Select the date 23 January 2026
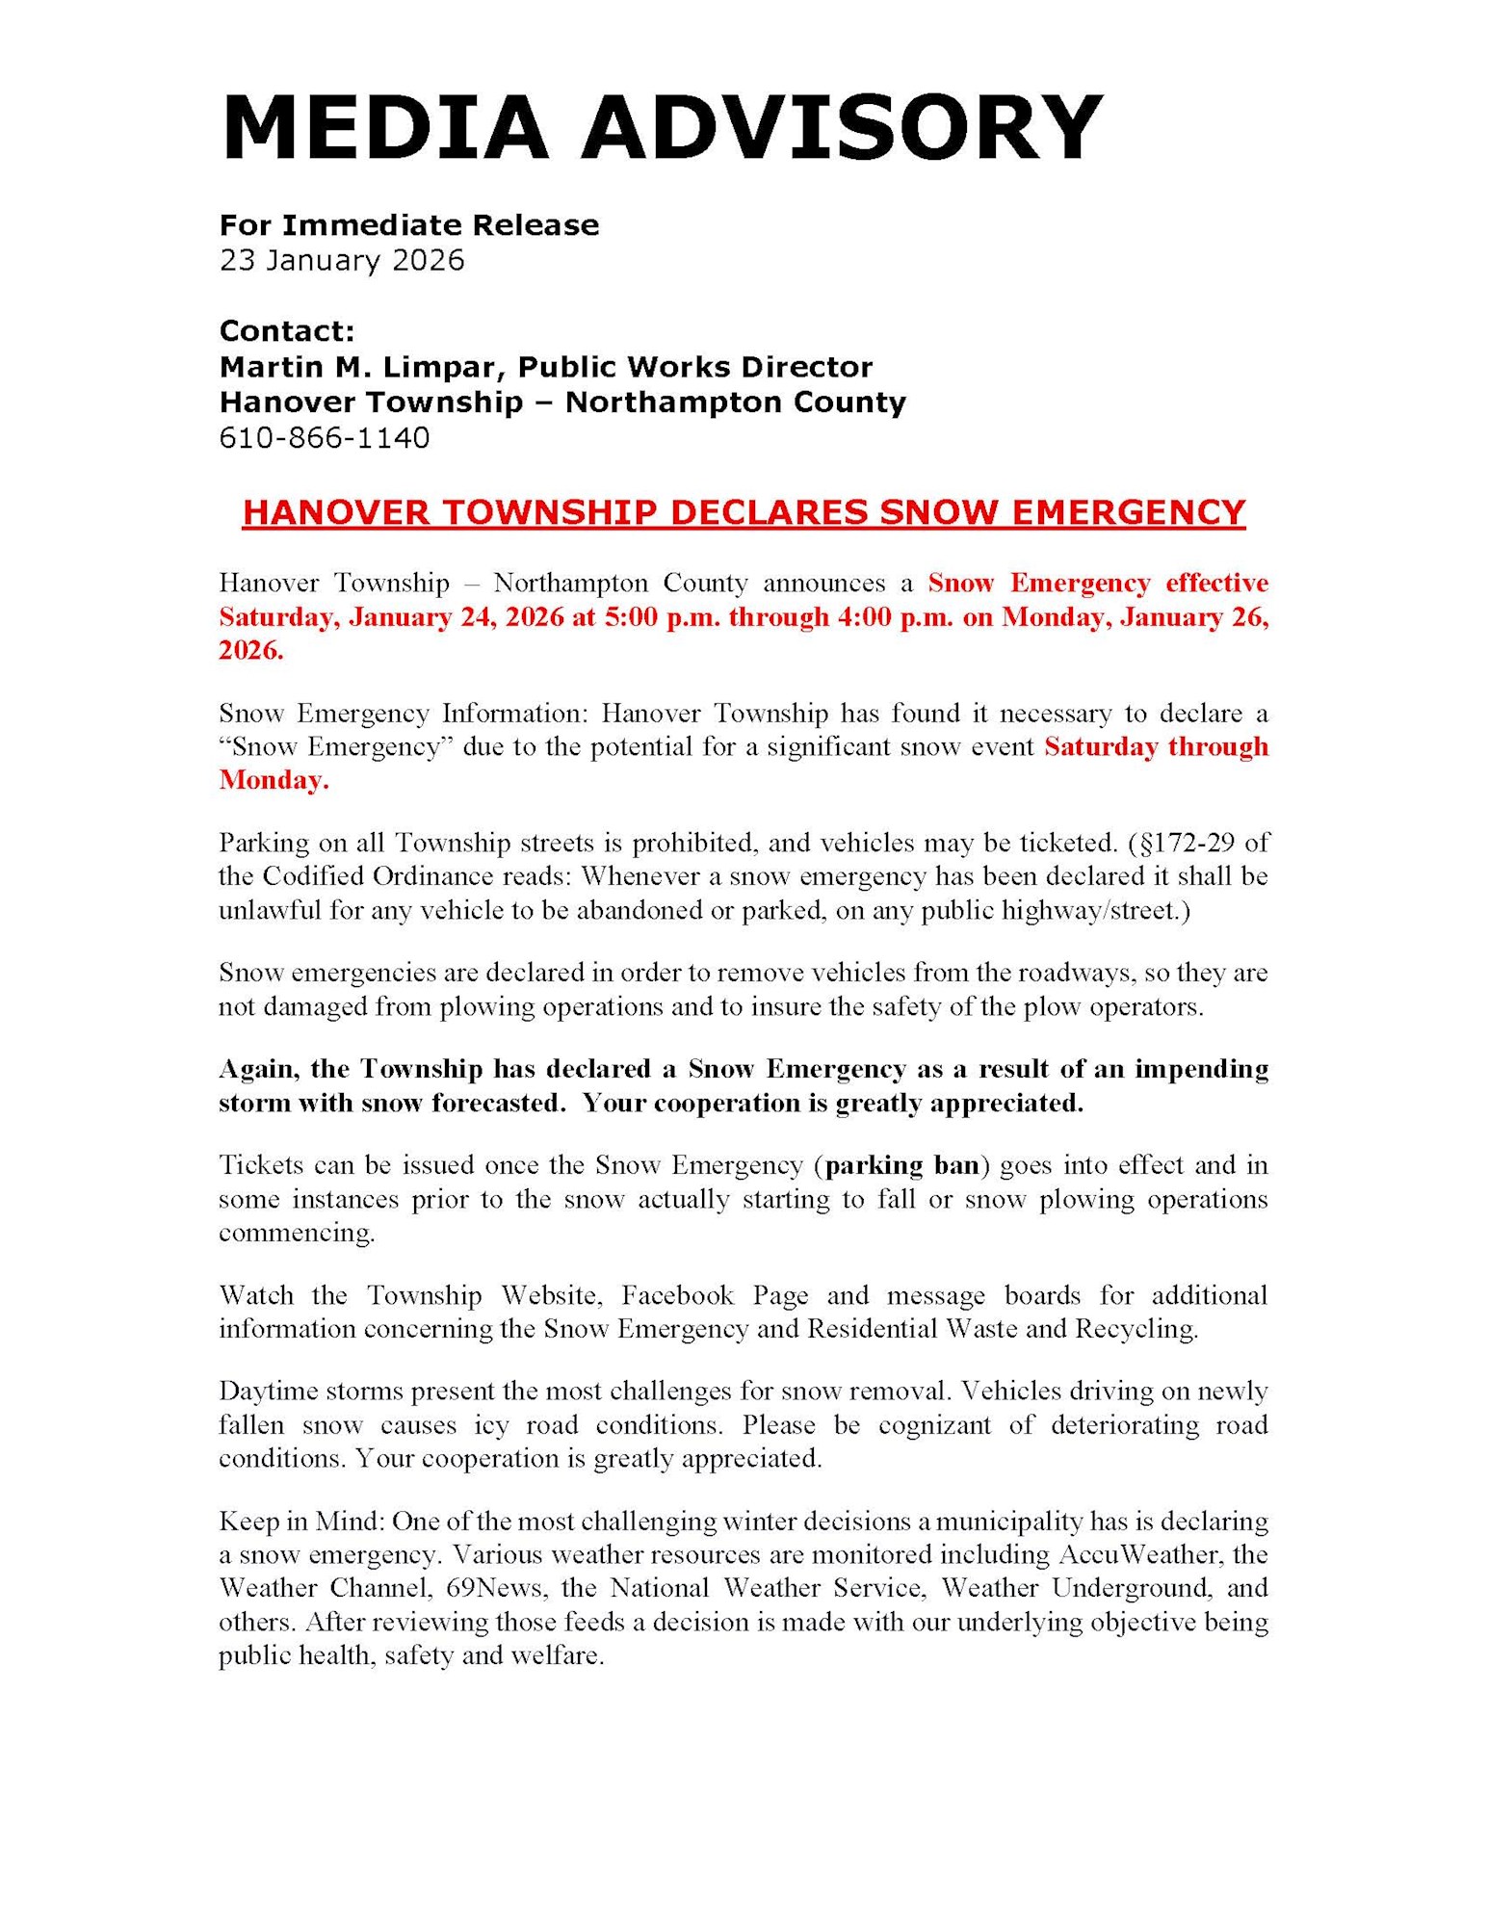[342, 260]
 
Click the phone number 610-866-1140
[325, 438]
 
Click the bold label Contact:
[287, 331]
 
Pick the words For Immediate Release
[409, 225]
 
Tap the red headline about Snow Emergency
[744, 512]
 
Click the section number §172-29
[1186, 844]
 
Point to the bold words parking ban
[901, 1165]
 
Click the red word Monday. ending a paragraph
[274, 780]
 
